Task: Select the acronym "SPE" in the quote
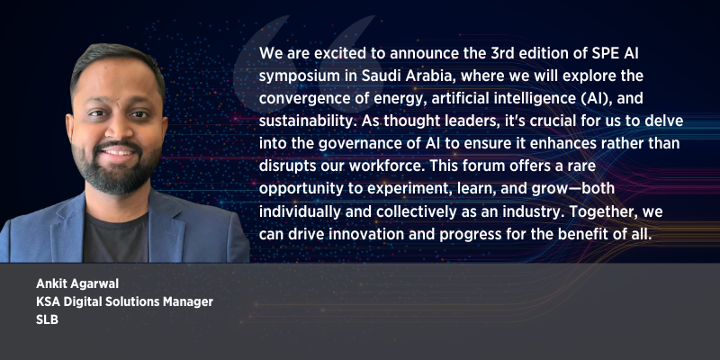point(600,53)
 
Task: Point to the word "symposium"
point(296,76)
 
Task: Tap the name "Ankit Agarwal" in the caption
point(77,284)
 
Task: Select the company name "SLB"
point(48,320)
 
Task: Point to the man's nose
point(118,130)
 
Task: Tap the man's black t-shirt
point(116,238)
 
